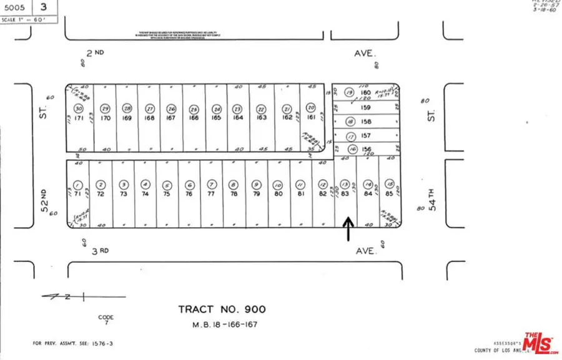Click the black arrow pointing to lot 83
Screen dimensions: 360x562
[x=347, y=229]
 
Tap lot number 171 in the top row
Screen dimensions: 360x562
[x=79, y=117]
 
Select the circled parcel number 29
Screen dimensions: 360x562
[x=106, y=107]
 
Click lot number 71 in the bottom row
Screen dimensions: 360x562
[x=77, y=195]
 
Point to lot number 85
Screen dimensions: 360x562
[x=390, y=195]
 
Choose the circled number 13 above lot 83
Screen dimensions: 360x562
[x=345, y=185]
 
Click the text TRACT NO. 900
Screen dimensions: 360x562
[x=222, y=309]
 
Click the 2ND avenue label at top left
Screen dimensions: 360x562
[x=95, y=54]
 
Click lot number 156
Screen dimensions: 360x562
[x=367, y=149]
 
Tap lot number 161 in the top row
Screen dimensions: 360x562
[x=310, y=117]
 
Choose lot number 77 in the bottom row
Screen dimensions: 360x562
[x=212, y=195]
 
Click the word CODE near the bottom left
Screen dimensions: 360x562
[x=106, y=317]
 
